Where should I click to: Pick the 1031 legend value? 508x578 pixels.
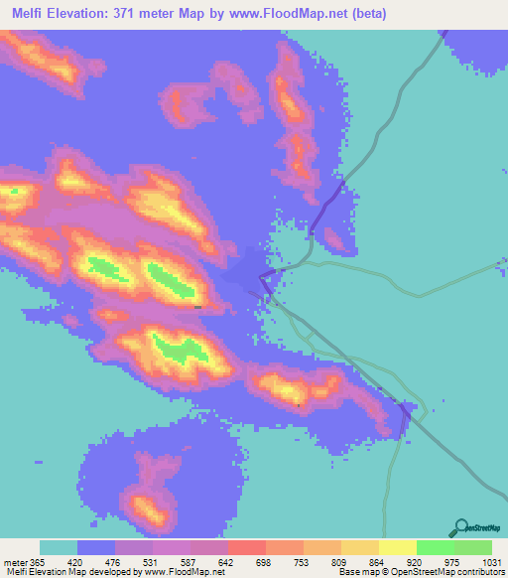(x=491, y=562)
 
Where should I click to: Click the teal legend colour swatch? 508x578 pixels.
(x=59, y=547)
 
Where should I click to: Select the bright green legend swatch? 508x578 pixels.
(x=436, y=547)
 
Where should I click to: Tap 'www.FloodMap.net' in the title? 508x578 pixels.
(x=283, y=14)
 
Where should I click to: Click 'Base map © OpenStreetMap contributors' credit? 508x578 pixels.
(x=422, y=572)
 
